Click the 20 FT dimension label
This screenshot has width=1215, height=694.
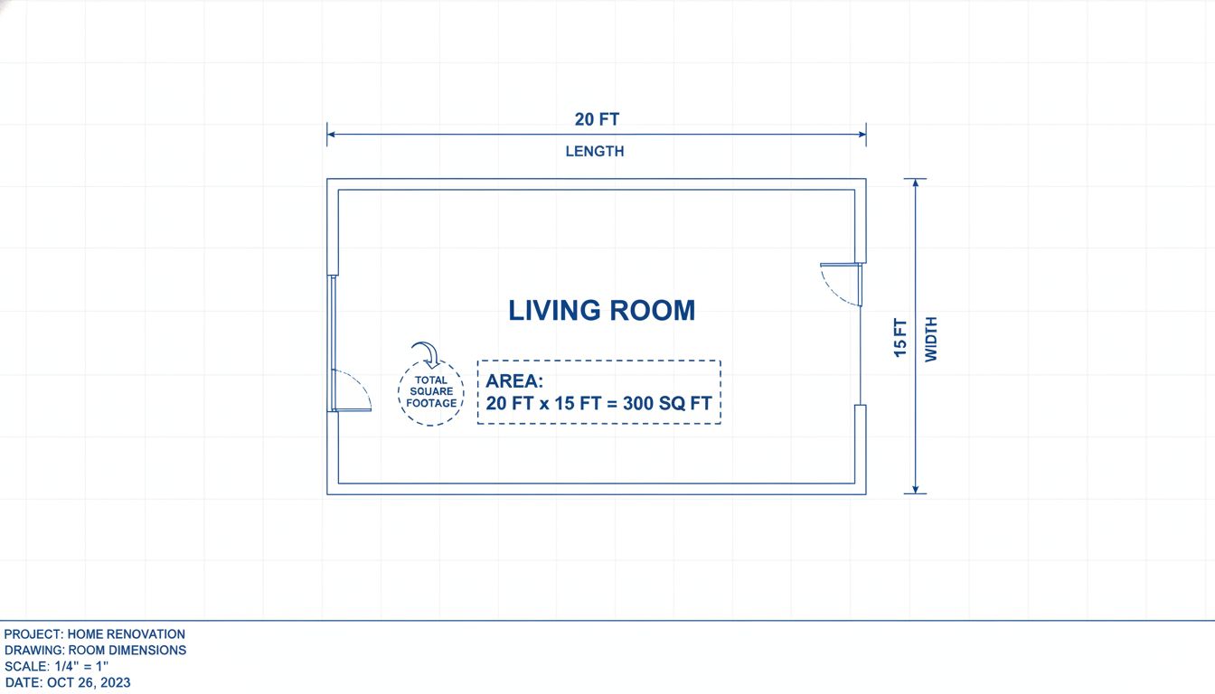[x=597, y=119]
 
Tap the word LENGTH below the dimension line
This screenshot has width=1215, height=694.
[x=595, y=152]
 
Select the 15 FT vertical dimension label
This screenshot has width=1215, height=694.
[x=900, y=337]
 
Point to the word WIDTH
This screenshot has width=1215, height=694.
[x=931, y=339]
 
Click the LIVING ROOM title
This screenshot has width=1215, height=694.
[x=602, y=310]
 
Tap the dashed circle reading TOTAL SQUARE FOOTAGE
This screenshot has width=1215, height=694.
[x=431, y=392]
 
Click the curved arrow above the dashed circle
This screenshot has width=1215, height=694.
[x=423, y=352]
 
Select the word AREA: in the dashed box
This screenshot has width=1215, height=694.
[x=514, y=380]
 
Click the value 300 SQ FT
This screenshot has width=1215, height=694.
[x=667, y=403]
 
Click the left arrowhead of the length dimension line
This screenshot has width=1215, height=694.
[x=331, y=134]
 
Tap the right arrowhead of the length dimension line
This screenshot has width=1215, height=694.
[x=862, y=134]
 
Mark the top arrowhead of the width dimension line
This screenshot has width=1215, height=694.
[x=915, y=183]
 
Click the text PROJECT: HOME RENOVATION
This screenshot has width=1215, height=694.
[x=95, y=634]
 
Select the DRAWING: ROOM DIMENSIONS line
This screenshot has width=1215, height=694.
[x=96, y=651]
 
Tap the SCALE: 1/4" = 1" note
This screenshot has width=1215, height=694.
[x=57, y=667]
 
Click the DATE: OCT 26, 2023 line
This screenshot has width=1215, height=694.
[x=68, y=683]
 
